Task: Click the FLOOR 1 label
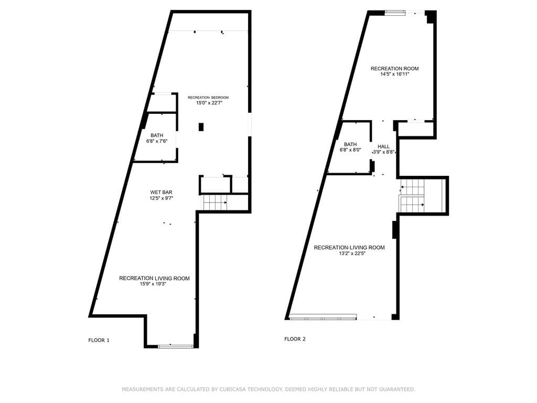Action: tap(99, 340)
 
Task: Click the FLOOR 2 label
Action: tap(295, 339)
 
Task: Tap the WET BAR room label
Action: tap(161, 192)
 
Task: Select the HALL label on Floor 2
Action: tap(383, 146)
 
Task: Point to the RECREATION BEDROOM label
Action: tap(208, 98)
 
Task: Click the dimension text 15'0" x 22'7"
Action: tap(209, 102)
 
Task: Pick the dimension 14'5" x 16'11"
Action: tap(394, 73)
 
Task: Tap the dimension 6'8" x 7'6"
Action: tap(156, 141)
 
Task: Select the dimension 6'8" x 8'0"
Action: tap(350, 150)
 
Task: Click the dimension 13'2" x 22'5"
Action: tap(349, 253)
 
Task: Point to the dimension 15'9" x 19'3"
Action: tap(154, 284)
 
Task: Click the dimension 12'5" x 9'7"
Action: tap(161, 198)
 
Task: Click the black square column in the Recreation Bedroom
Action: tap(201, 127)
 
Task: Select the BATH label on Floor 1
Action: tap(157, 135)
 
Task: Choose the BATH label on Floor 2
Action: tap(350, 144)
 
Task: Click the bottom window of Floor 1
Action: tap(176, 346)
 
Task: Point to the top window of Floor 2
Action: tap(395, 13)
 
